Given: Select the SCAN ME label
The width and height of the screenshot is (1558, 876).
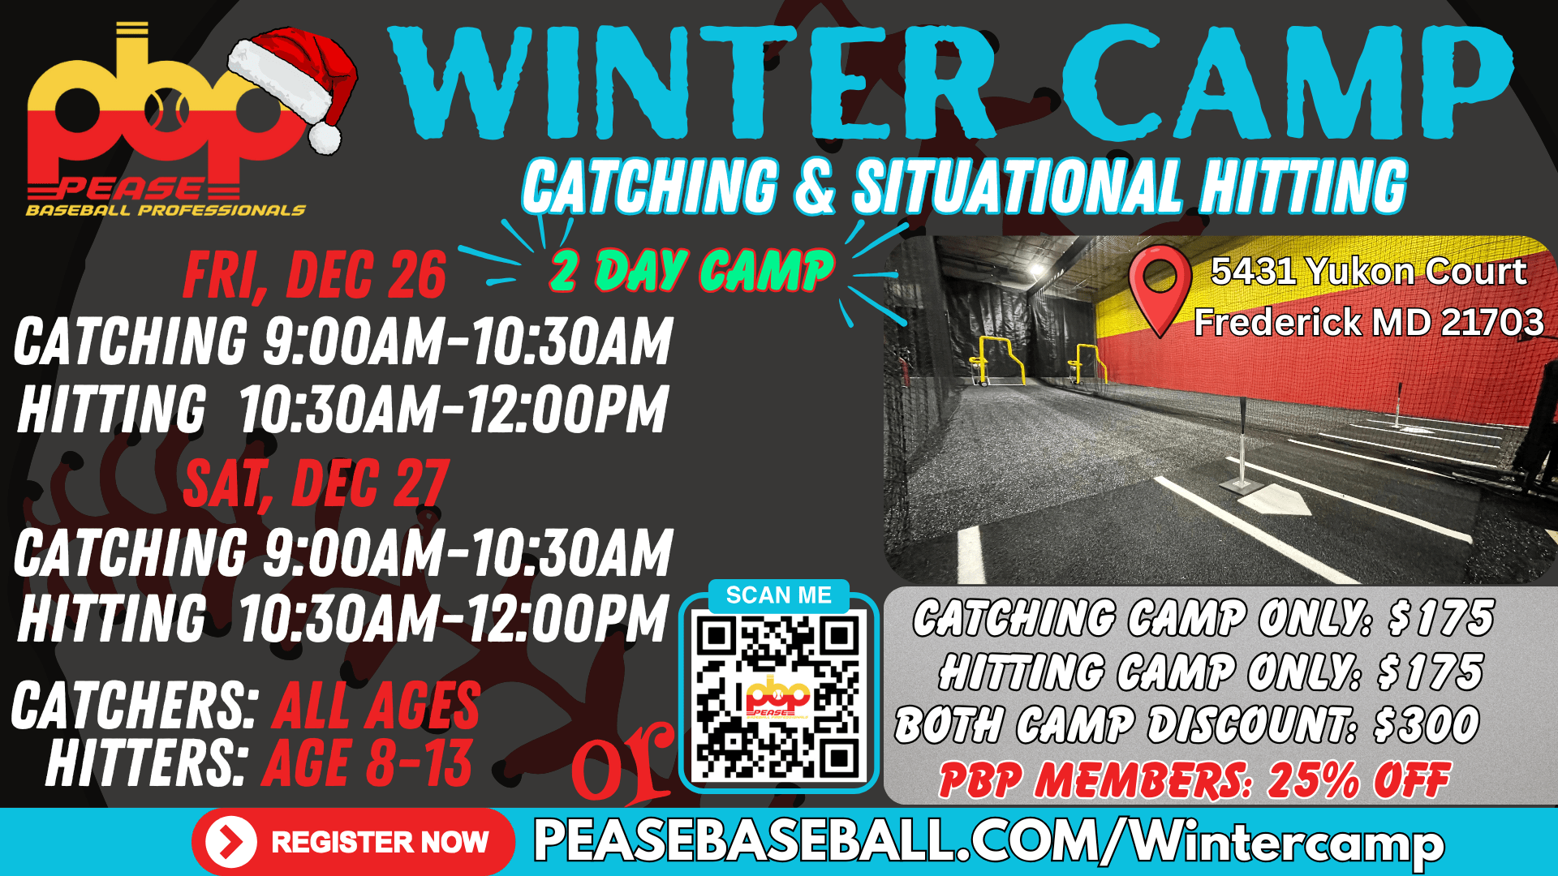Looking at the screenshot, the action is [x=778, y=595].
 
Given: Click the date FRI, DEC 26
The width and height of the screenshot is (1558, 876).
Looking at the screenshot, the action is [x=315, y=275].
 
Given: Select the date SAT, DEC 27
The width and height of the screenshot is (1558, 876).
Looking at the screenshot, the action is [x=316, y=483].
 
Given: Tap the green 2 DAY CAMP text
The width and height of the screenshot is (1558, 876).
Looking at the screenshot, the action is [x=691, y=270].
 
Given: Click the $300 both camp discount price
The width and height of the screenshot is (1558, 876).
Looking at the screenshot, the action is [x=1427, y=725].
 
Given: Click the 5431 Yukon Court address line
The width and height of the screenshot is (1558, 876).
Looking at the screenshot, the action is [x=1368, y=272].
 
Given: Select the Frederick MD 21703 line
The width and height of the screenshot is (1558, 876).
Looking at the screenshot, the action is [x=1369, y=322].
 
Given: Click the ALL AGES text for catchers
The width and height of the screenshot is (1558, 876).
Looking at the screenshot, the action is [x=377, y=706].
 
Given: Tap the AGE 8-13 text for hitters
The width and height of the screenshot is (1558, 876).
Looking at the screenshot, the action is [x=367, y=763].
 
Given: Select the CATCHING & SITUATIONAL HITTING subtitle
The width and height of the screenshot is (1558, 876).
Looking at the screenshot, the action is [x=964, y=187].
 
